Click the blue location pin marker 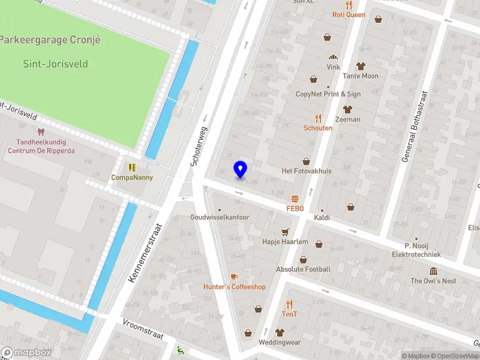[240, 169]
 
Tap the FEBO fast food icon [295, 198]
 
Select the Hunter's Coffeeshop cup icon [234, 277]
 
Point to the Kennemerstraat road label [145, 252]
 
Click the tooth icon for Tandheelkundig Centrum [41, 131]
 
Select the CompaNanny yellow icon [132, 167]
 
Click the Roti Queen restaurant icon [349, 4]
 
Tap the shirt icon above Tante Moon [361, 66]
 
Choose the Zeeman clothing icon [347, 109]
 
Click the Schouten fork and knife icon [318, 118]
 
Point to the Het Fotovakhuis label [307, 171]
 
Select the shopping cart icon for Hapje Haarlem [285, 232]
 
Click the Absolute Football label [303, 269]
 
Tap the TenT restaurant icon [290, 304]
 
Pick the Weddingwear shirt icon [280, 332]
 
